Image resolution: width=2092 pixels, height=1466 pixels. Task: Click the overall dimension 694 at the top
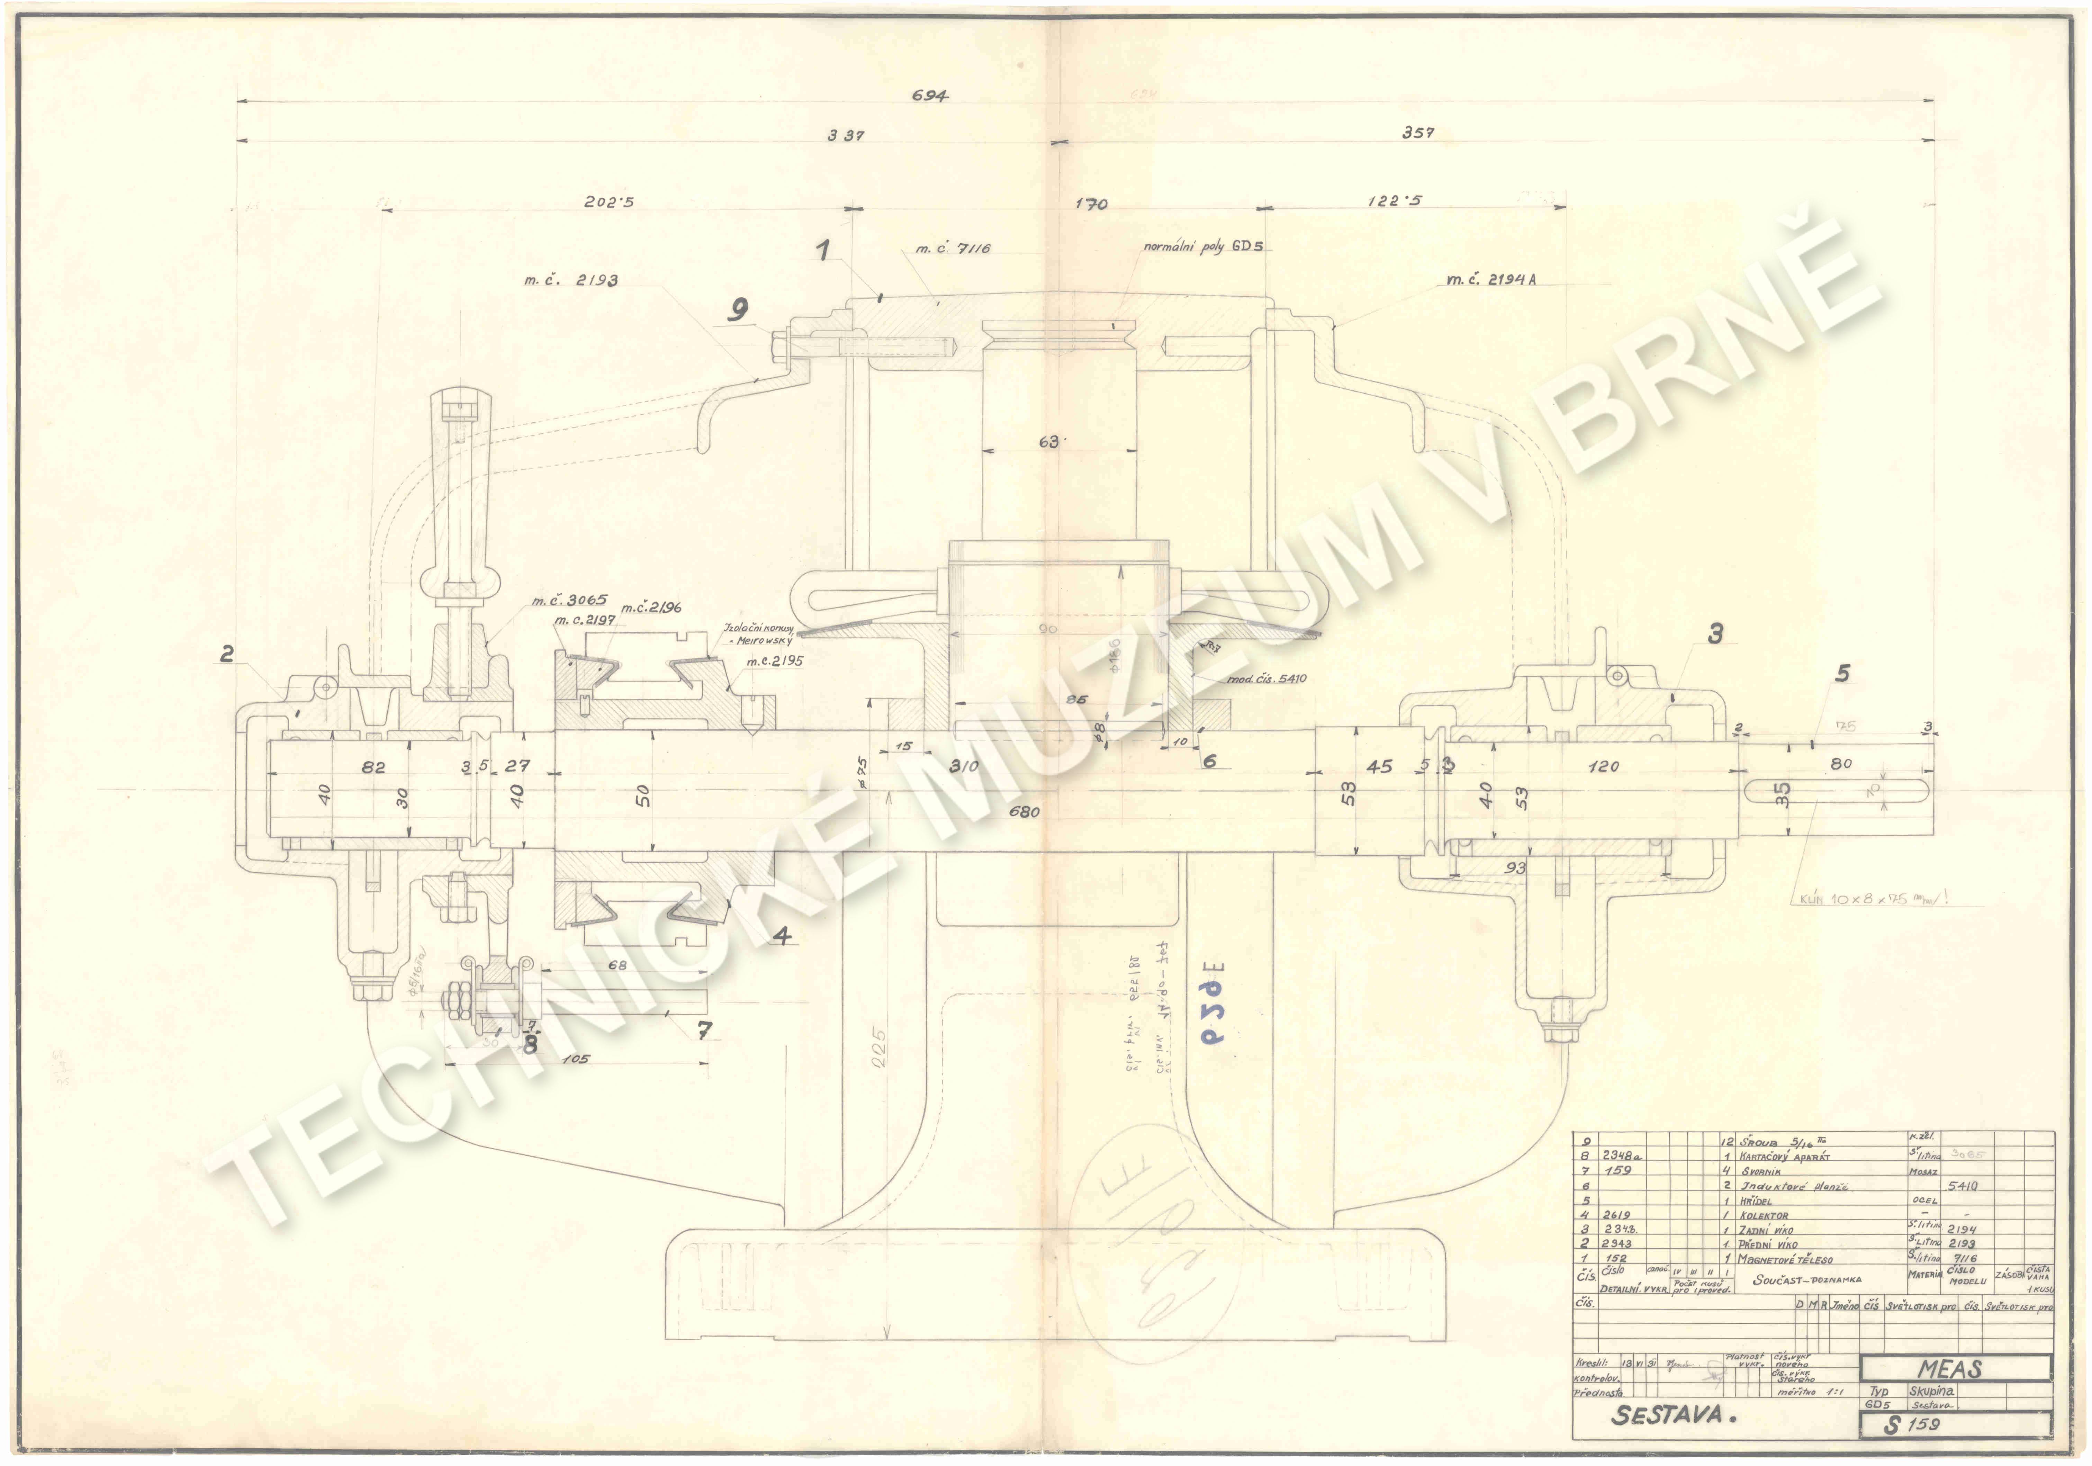929,96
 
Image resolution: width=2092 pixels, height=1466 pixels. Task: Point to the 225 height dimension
877,1048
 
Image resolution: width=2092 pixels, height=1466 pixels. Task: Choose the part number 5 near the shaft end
1842,673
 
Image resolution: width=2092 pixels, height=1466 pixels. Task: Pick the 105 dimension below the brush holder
576,1059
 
